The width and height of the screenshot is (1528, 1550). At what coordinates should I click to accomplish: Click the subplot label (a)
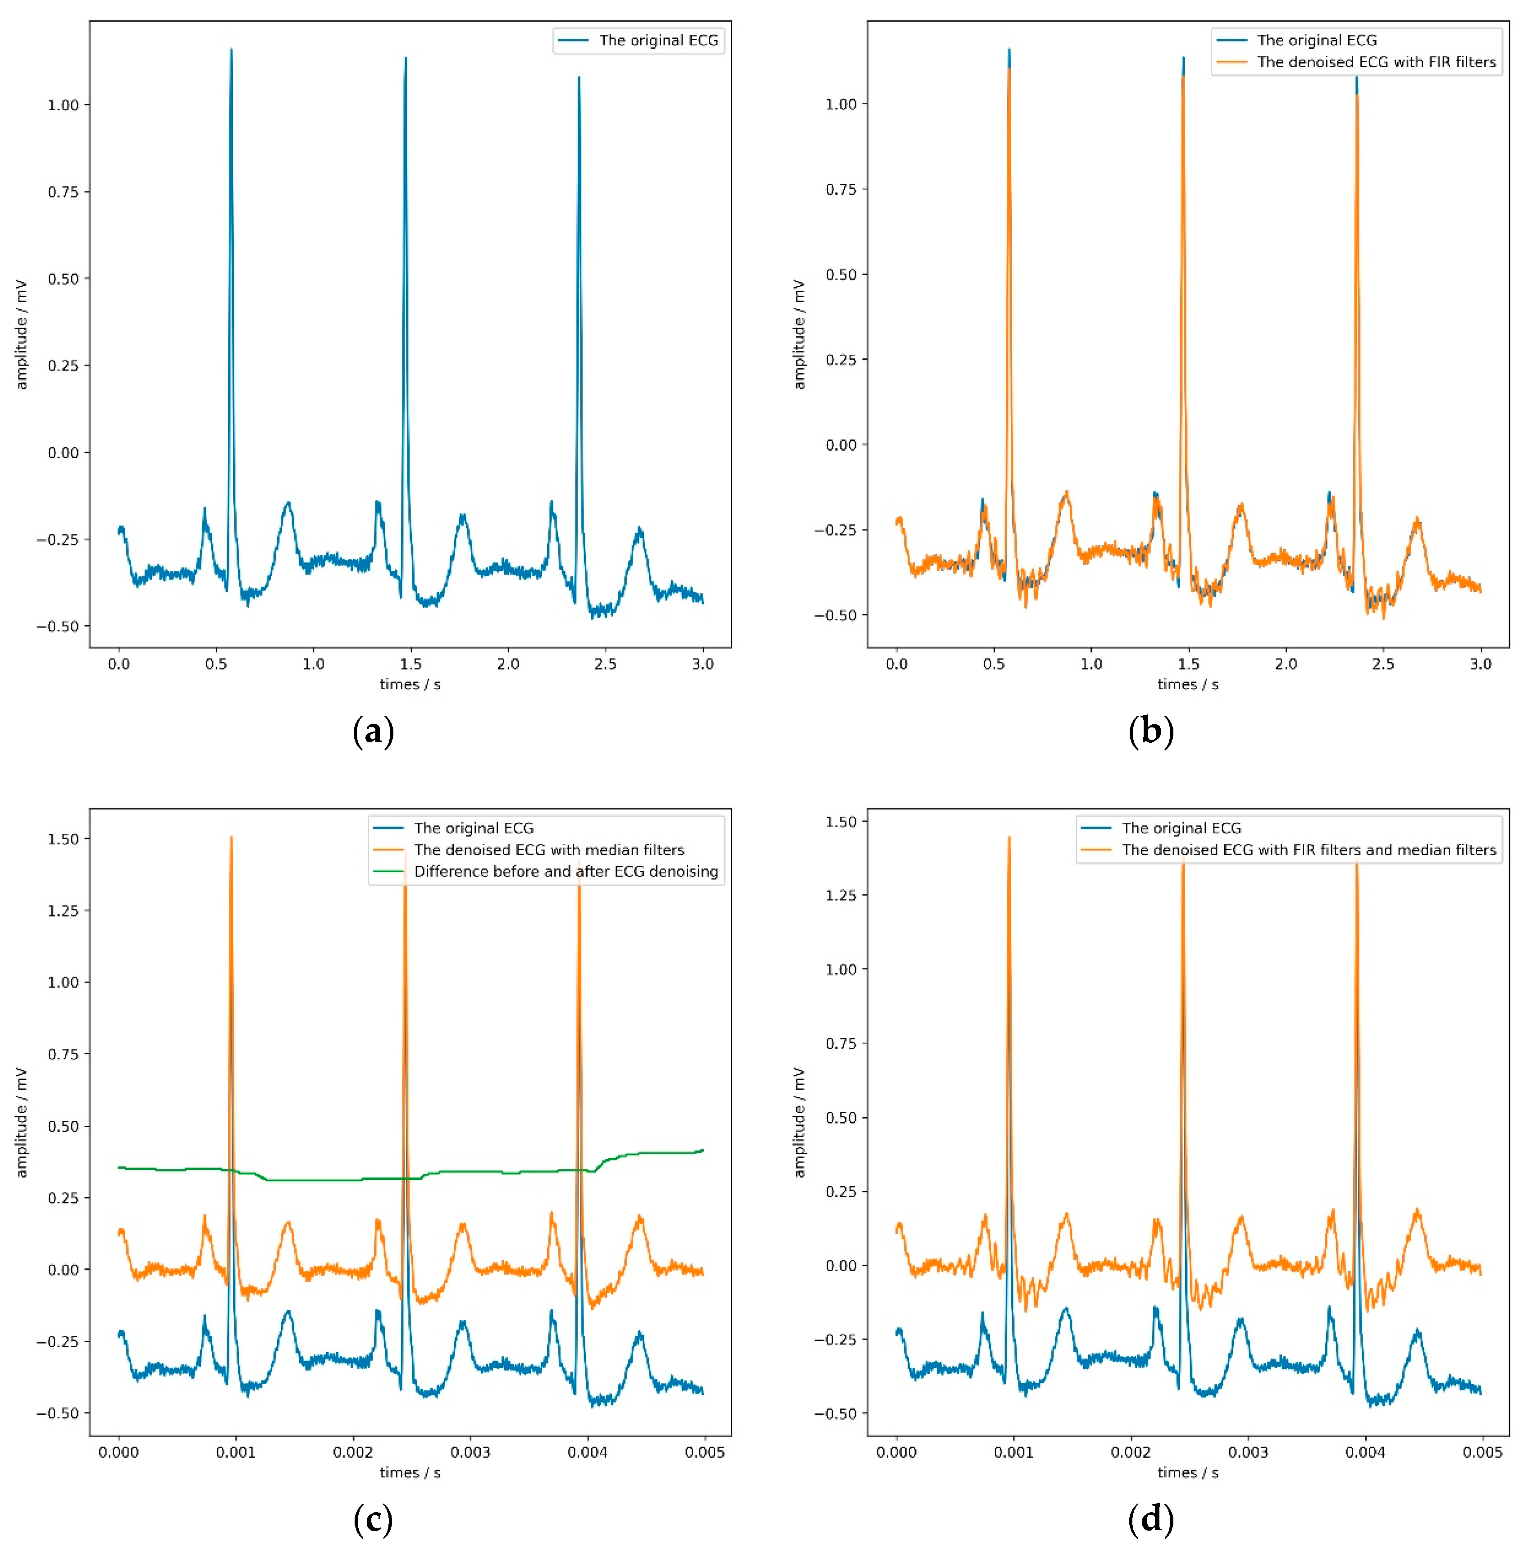[x=373, y=732]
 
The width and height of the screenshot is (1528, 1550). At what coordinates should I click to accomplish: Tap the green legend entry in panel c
[x=566, y=871]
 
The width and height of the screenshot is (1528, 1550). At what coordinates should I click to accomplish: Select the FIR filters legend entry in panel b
[x=1376, y=62]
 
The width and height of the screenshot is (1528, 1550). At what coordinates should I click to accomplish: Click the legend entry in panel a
[x=658, y=40]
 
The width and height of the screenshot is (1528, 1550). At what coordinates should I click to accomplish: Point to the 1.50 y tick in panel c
[x=64, y=838]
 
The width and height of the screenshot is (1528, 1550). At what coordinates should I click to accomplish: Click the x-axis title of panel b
[x=1188, y=684]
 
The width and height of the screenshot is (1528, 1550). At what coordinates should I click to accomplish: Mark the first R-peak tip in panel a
[x=231, y=50]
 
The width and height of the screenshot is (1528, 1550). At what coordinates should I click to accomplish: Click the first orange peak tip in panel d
[x=1009, y=837]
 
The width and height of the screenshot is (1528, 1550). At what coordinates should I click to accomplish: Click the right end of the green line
[x=702, y=1151]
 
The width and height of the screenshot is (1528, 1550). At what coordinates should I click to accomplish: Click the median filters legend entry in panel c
[x=549, y=850]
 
